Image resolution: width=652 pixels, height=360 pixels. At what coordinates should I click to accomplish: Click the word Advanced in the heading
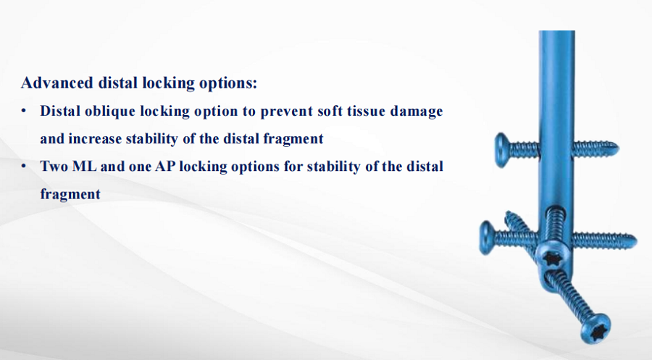[57, 83]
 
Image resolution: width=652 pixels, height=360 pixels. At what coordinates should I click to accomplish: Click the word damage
[417, 112]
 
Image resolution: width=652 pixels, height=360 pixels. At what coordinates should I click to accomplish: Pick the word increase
[94, 139]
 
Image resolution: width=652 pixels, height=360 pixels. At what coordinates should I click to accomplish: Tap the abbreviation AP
[165, 167]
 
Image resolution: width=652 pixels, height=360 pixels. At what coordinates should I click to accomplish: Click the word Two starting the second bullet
[54, 167]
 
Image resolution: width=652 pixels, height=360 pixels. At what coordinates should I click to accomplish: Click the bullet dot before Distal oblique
[24, 112]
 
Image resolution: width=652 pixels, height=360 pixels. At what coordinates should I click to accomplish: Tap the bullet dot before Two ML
[24, 167]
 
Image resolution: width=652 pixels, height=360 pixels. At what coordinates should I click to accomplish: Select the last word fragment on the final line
[70, 194]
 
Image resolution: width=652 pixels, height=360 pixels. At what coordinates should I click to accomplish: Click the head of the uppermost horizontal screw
[502, 150]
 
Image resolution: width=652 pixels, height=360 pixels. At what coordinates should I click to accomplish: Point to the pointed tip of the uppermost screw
[617, 148]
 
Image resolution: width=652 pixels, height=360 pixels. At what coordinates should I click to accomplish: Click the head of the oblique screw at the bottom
[596, 327]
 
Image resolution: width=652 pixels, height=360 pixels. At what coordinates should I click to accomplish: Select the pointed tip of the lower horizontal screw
[635, 240]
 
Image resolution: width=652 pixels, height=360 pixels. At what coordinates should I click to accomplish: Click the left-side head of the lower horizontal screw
[487, 238]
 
